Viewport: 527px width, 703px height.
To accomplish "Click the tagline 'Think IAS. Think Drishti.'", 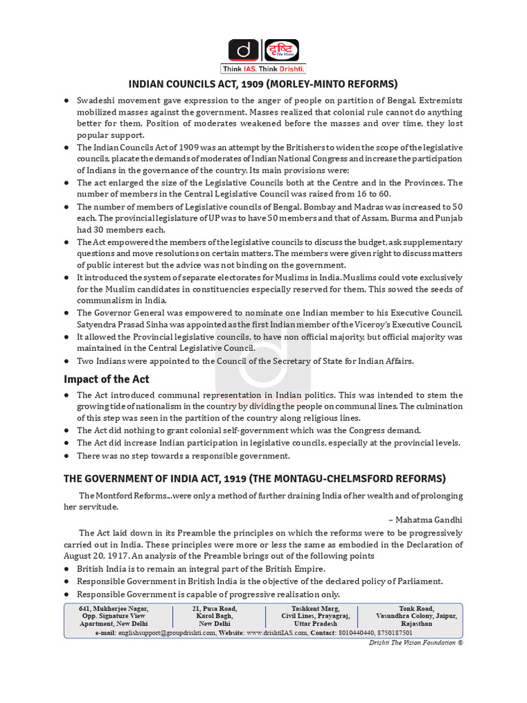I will (x=263, y=69).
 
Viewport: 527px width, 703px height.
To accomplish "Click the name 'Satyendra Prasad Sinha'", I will (x=128, y=324).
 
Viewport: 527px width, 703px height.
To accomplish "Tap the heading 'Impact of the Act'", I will (x=106, y=379).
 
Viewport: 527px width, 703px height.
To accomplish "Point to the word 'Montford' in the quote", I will (x=113, y=495).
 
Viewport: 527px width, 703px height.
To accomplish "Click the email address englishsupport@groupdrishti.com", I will (x=165, y=632).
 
